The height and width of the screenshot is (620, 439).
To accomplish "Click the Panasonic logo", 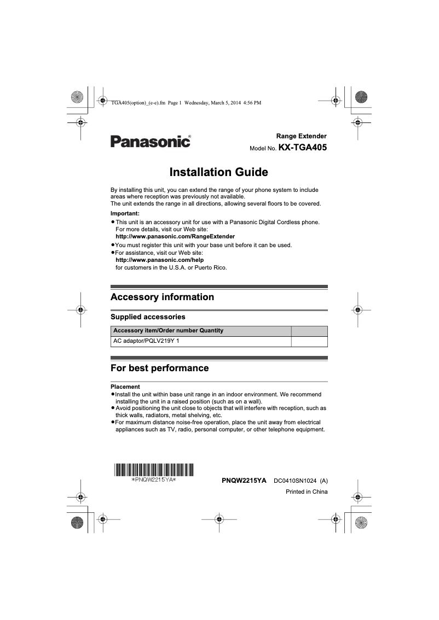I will (151, 142).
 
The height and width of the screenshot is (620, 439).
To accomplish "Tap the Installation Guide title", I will (219, 173).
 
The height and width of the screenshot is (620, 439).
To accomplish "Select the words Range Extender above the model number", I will (301, 136).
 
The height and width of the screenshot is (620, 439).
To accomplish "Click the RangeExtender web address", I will (171, 237).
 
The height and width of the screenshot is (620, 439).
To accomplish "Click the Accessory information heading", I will (162, 297).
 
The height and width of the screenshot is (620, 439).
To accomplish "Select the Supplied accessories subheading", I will (148, 317).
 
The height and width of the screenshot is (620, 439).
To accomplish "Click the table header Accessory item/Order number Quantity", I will (168, 331).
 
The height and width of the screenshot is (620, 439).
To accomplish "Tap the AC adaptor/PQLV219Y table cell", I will (146, 341).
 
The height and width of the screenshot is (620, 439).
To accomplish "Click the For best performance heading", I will (159, 368).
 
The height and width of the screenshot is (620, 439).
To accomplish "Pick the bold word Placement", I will (125, 387).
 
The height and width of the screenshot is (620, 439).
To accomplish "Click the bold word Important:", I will (125, 213).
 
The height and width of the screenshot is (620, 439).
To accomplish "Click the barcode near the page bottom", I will (154, 469).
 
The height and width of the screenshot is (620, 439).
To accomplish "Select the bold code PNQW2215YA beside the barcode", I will (244, 481).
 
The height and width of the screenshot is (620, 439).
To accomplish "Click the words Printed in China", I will (307, 492).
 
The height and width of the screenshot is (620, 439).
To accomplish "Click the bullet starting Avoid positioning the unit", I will (219, 412).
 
